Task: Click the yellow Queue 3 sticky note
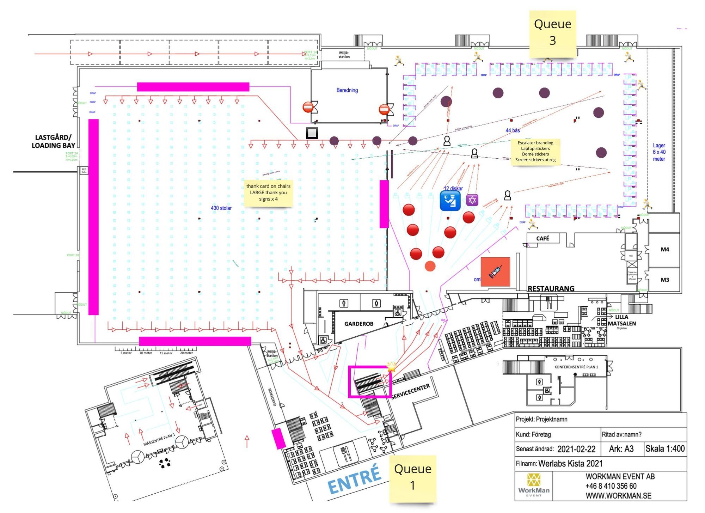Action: point(552,33)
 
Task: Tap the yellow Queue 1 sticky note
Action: point(412,477)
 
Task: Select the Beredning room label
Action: point(347,90)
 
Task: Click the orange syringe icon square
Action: point(495,271)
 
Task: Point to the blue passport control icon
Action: point(450,200)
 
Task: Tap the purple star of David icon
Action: point(472,200)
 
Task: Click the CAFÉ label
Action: point(542,238)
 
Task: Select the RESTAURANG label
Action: point(551,288)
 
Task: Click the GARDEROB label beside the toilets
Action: point(358,324)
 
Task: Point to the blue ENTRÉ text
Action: point(354,480)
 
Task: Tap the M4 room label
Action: point(664,249)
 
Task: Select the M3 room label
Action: point(664,280)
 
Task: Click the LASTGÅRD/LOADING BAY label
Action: point(53,141)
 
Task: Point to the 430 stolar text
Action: point(221,208)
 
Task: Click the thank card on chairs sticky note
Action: point(268,193)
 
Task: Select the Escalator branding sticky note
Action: point(535,151)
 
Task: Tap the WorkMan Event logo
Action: point(534,485)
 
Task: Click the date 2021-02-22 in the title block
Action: point(576,449)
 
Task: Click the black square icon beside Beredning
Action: point(312,133)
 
